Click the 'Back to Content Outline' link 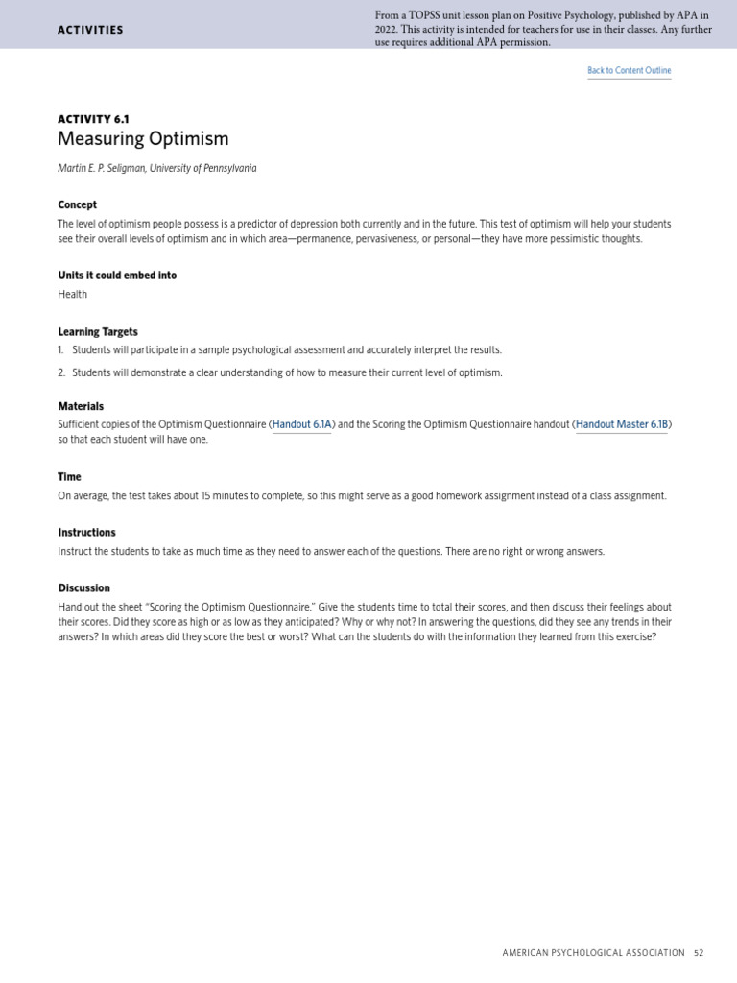pyautogui.click(x=629, y=71)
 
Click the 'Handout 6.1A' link pyautogui.click(x=301, y=424)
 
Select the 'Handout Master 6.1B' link pyautogui.click(x=621, y=424)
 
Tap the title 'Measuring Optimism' pyautogui.click(x=143, y=139)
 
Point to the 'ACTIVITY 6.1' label pyautogui.click(x=93, y=119)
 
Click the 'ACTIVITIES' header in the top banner pyautogui.click(x=90, y=30)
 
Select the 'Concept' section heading pyautogui.click(x=77, y=204)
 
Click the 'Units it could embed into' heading pyautogui.click(x=117, y=276)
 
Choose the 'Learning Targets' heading pyautogui.click(x=98, y=332)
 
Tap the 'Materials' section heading pyautogui.click(x=81, y=406)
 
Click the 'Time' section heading pyautogui.click(x=69, y=477)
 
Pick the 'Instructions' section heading pyautogui.click(x=86, y=533)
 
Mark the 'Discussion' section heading pyautogui.click(x=83, y=588)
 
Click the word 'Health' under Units pyautogui.click(x=72, y=295)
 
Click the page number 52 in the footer pyautogui.click(x=699, y=953)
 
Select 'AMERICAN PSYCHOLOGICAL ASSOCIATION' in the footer pyautogui.click(x=593, y=953)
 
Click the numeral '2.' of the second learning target pyautogui.click(x=61, y=372)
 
